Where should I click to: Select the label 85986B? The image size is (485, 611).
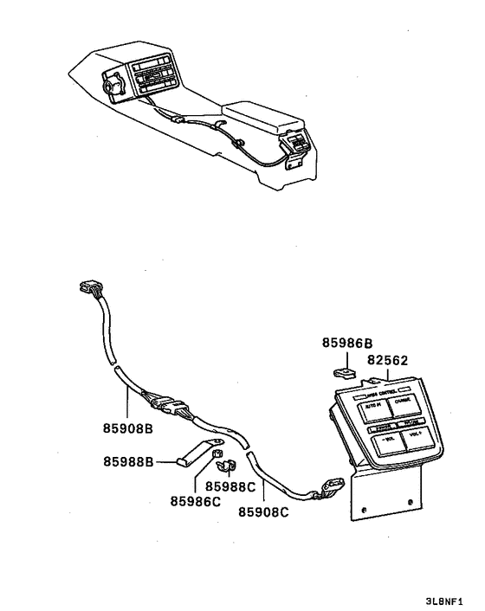tap(348, 344)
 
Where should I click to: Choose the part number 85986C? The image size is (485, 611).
tap(195, 500)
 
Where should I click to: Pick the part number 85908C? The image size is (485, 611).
tap(264, 510)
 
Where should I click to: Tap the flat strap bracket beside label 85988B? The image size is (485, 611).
tap(193, 456)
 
